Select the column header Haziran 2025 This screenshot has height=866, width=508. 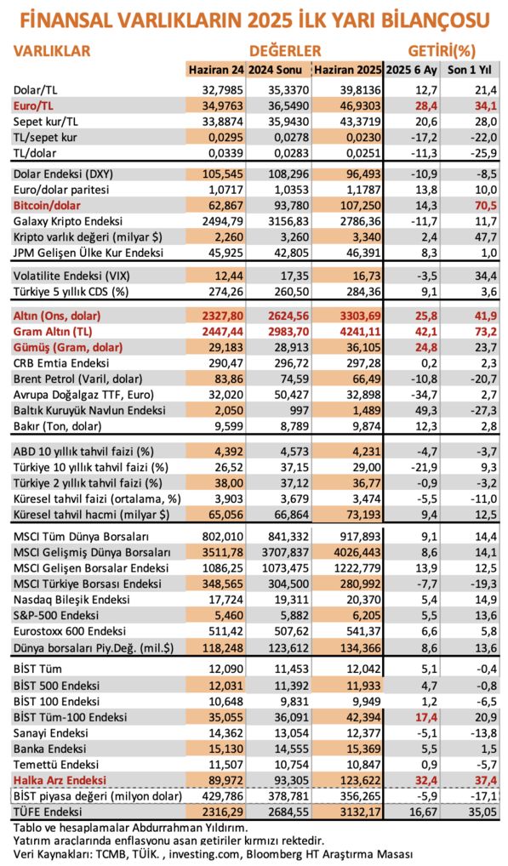[347, 70]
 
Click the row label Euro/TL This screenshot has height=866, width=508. [33, 105]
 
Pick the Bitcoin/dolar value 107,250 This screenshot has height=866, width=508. [358, 206]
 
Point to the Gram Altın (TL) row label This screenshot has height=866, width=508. [53, 332]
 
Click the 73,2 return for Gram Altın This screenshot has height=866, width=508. [484, 332]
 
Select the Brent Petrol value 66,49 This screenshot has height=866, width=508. [365, 379]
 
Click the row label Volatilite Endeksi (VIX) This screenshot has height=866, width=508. [71, 276]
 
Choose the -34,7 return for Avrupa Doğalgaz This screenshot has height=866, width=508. [425, 395]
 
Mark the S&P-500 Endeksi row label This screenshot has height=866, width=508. [56, 615]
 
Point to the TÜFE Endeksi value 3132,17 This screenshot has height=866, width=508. [358, 812]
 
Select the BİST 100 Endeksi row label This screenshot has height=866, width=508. [56, 701]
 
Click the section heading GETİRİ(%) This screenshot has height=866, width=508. [442, 51]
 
